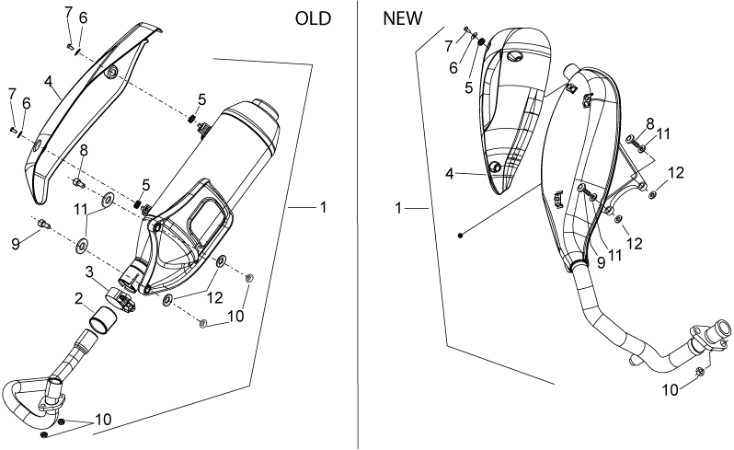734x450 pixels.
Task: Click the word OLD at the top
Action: [313, 18]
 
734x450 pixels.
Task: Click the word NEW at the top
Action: [403, 18]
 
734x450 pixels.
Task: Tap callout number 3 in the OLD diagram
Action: [89, 271]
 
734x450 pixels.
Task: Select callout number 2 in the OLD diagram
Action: [79, 298]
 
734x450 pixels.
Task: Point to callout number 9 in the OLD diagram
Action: [16, 243]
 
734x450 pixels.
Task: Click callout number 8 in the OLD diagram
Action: [84, 151]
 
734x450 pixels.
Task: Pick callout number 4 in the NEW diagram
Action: [450, 174]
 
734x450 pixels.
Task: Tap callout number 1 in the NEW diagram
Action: [398, 208]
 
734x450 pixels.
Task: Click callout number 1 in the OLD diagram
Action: [323, 207]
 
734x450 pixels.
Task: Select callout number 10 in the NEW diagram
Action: [671, 389]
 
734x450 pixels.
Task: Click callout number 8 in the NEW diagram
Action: [649, 124]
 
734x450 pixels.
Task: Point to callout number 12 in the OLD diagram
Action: [215, 297]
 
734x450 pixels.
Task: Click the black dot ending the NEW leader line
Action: [461, 236]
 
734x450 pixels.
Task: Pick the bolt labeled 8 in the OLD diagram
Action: [78, 183]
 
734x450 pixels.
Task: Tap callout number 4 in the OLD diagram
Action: [48, 81]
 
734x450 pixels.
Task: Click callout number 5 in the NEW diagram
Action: [469, 87]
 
